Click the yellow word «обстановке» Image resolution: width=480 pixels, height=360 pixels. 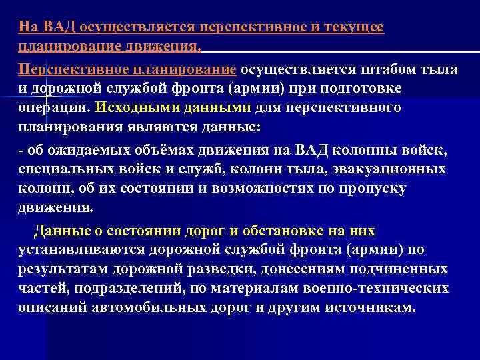[x=274, y=231]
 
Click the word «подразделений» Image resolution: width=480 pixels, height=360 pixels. [x=131, y=289]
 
